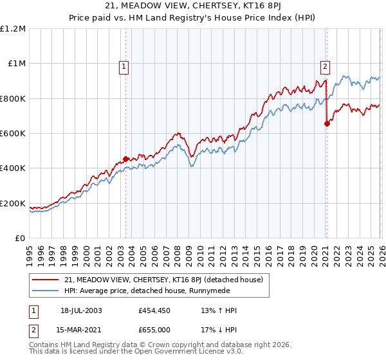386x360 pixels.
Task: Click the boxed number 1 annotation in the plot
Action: click(x=123, y=65)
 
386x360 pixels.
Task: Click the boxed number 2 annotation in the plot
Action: click(x=326, y=65)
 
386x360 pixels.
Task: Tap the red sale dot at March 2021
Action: click(x=327, y=124)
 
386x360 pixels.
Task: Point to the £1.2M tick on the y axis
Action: click(x=13, y=28)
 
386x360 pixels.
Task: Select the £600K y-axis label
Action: click(x=13, y=134)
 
